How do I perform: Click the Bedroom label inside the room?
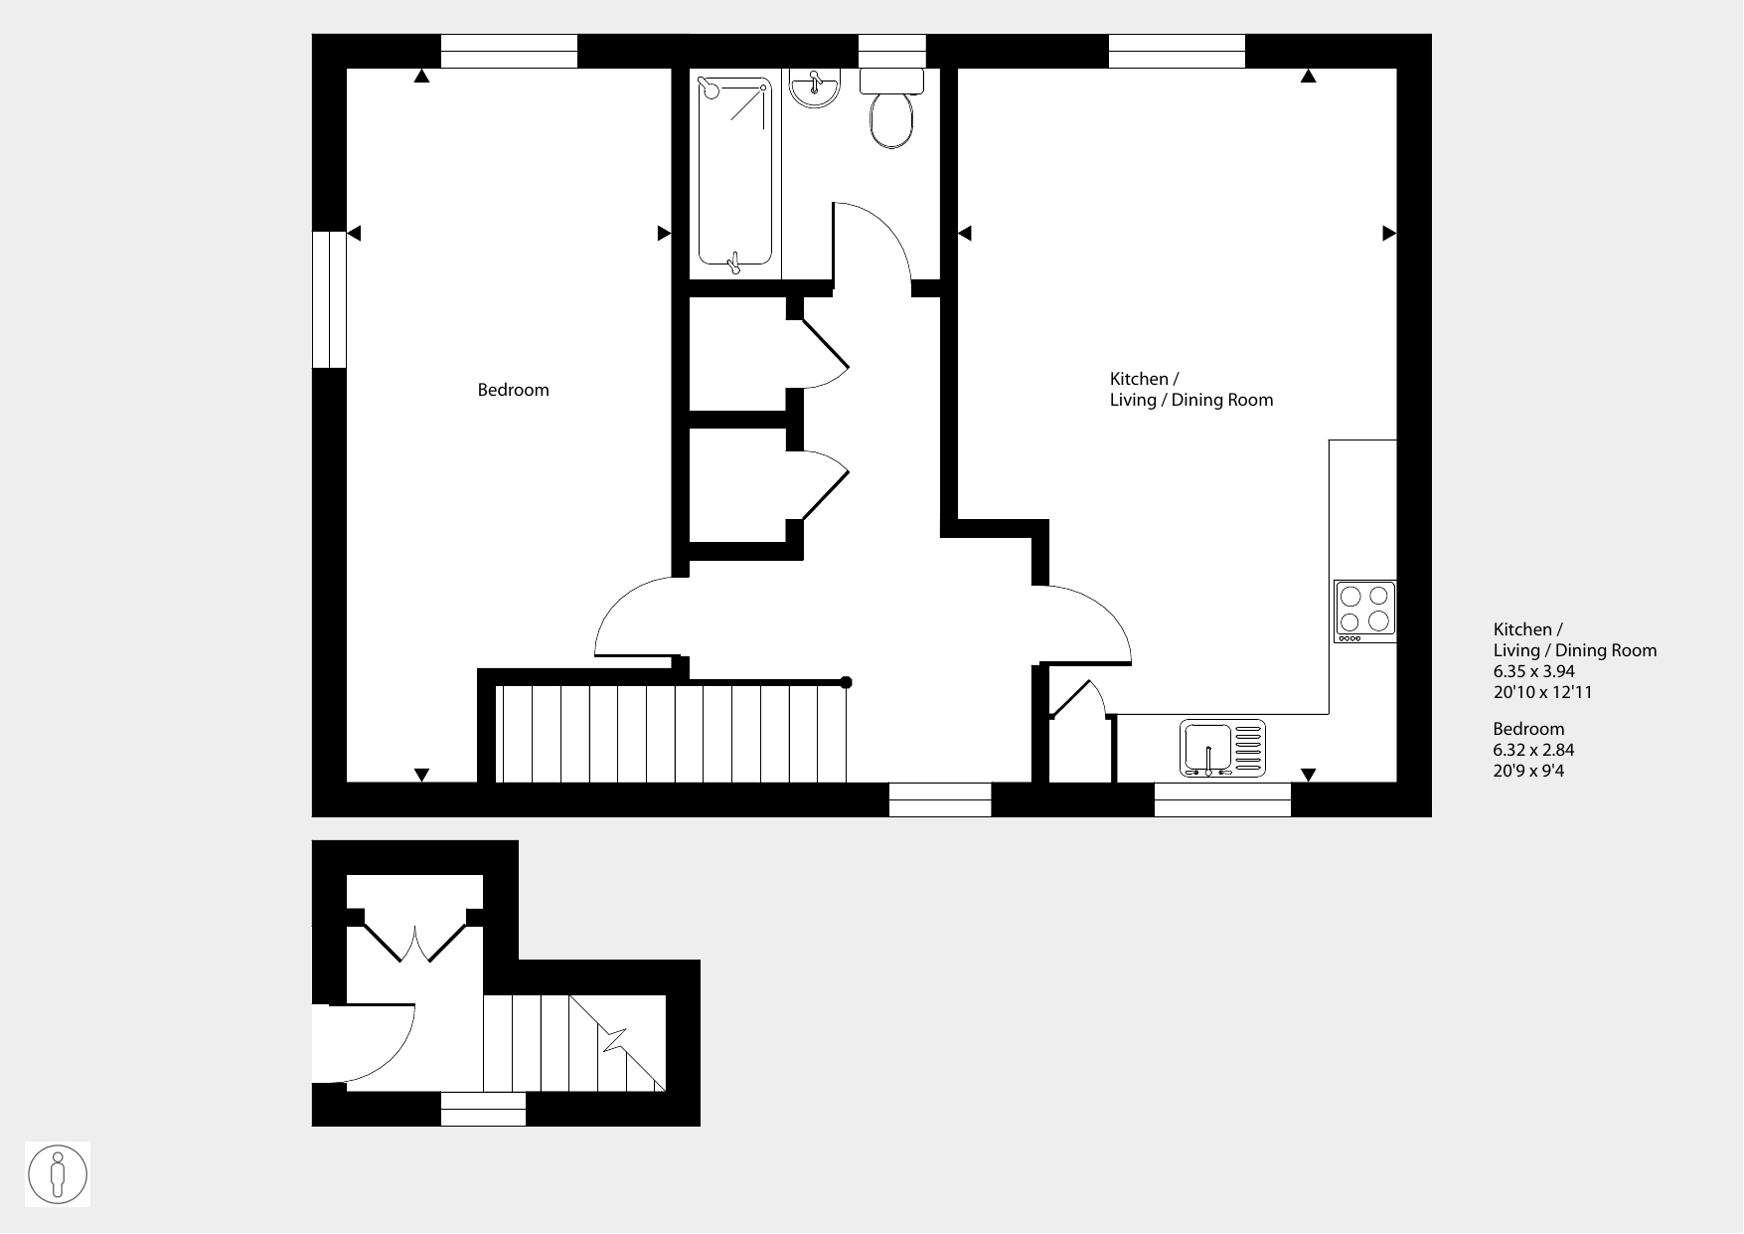(x=513, y=390)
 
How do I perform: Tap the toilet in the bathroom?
(x=891, y=108)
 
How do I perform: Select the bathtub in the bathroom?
(x=735, y=171)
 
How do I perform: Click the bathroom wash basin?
(x=816, y=87)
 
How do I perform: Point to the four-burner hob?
(x=1364, y=611)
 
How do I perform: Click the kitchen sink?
(x=1223, y=748)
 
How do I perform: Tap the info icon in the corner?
(x=58, y=1174)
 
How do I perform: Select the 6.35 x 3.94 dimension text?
(x=1533, y=671)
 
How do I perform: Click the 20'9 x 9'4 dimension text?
(x=1528, y=771)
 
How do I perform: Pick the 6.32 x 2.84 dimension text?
(x=1533, y=750)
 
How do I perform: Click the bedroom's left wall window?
(x=329, y=300)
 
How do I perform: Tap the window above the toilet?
(x=891, y=51)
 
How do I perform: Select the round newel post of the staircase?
(x=847, y=682)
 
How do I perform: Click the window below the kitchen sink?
(x=1222, y=799)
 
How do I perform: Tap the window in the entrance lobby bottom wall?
(x=483, y=1109)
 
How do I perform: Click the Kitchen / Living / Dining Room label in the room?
(x=1190, y=390)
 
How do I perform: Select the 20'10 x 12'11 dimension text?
(x=1542, y=692)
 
